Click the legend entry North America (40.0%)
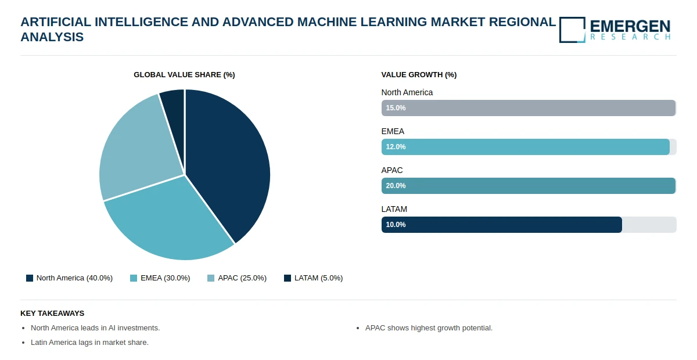click(x=70, y=278)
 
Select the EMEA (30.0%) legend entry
click(x=160, y=278)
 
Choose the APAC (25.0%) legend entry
click(x=237, y=278)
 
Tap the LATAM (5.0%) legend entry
click(x=314, y=278)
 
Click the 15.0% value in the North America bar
click(x=396, y=108)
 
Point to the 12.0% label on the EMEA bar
click(x=396, y=147)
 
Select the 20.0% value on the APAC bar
click(x=396, y=186)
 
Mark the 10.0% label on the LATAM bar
click(x=396, y=225)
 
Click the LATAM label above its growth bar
click(x=394, y=209)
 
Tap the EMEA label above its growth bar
click(x=393, y=131)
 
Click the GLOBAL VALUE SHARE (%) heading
click(x=184, y=75)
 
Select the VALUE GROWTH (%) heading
click(x=419, y=75)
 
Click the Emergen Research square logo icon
click(x=572, y=30)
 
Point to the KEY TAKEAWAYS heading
click(x=52, y=313)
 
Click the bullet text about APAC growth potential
click(x=429, y=328)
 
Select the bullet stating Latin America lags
click(x=89, y=343)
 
